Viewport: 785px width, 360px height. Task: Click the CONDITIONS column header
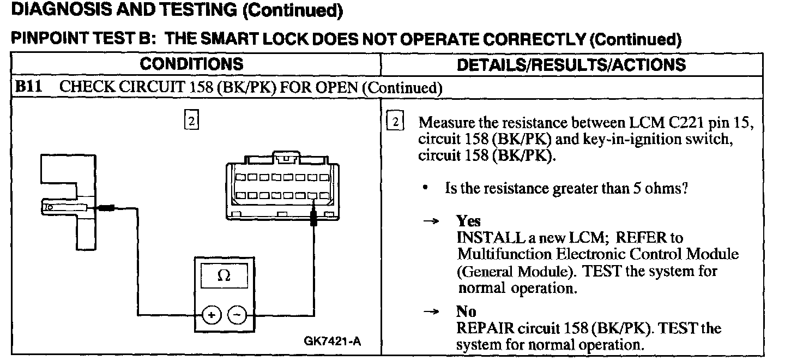(191, 64)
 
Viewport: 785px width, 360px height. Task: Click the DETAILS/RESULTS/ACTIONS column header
(571, 64)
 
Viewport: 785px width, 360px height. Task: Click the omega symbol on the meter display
(224, 276)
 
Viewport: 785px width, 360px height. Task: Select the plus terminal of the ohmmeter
(212, 315)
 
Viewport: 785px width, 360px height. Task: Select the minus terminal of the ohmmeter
(237, 315)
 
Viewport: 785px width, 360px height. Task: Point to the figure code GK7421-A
(332, 342)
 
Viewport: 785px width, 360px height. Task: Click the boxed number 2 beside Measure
(394, 122)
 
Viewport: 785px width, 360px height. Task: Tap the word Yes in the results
(468, 221)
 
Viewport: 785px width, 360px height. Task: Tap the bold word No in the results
(466, 311)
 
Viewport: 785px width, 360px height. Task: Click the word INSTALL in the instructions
(484, 238)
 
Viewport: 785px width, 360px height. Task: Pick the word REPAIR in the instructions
(482, 328)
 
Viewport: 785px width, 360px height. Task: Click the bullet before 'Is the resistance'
(425, 188)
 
